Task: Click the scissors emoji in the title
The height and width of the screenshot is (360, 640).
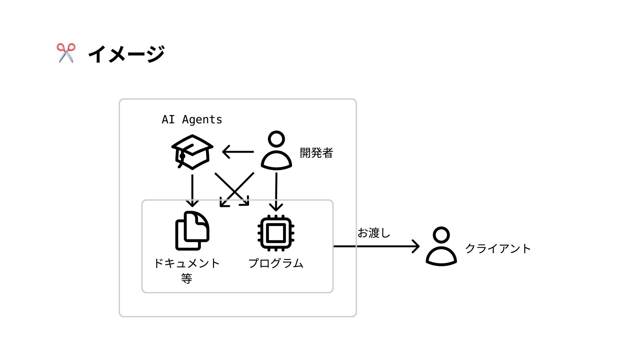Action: tap(66, 53)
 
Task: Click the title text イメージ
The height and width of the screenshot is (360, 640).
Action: tap(126, 54)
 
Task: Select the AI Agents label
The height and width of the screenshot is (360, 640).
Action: tap(192, 119)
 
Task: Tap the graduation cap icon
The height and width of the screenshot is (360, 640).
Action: tap(192, 152)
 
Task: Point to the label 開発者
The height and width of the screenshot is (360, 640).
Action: tap(316, 153)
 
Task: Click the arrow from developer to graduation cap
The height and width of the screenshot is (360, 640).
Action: tap(238, 152)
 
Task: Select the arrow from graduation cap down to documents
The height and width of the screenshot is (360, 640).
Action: tap(192, 190)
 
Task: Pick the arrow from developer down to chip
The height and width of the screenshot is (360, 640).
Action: tap(276, 191)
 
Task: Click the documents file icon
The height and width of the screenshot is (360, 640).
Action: tap(192, 231)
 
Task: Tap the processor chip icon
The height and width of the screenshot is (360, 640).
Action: tap(276, 233)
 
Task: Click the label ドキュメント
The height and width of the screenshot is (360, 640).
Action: tap(187, 263)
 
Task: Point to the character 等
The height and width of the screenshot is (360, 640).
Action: tap(187, 278)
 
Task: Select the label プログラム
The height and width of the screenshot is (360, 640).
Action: tap(276, 263)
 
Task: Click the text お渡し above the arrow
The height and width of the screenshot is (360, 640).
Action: tap(374, 233)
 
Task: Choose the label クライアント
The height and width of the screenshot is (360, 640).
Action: tap(498, 249)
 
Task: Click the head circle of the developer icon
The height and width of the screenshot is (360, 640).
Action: tap(276, 139)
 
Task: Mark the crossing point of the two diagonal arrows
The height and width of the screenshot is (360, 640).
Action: tap(235, 191)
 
